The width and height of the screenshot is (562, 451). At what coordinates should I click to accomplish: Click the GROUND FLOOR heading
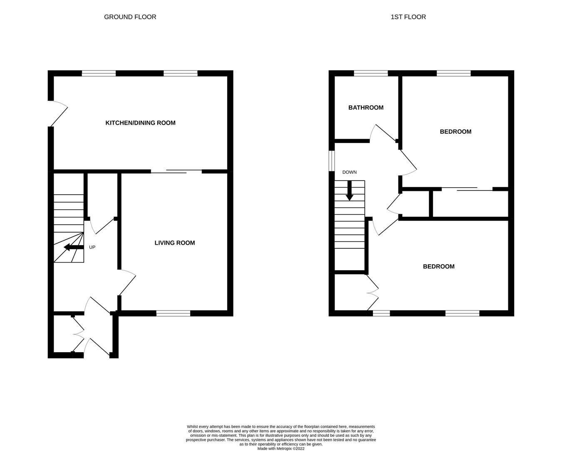point(130,17)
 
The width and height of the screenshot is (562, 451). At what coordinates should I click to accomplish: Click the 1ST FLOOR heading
point(408,17)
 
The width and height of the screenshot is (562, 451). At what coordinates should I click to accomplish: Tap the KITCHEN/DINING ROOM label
point(140,123)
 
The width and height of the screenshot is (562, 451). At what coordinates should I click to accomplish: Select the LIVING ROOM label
point(174,243)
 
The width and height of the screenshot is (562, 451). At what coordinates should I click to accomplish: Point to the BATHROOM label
point(366,108)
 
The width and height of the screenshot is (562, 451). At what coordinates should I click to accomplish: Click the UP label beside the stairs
point(92,247)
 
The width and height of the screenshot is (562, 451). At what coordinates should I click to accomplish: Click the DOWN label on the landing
point(349,172)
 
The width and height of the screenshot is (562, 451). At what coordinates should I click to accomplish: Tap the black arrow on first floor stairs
point(349,191)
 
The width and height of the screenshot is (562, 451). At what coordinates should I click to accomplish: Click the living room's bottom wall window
point(173,313)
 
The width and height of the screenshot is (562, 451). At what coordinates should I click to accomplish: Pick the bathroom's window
point(371,73)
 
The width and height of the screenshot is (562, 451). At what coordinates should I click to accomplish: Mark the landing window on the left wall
point(332,160)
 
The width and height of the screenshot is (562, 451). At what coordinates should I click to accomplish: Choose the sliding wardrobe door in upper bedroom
point(467,189)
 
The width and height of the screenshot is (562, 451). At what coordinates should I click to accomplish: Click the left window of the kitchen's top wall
point(99,73)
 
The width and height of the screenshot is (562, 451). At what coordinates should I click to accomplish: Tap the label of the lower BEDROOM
point(438,267)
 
